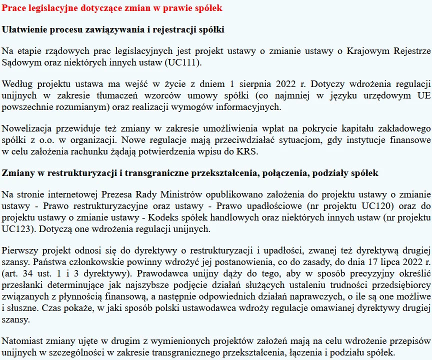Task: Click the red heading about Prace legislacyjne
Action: coord(112,8)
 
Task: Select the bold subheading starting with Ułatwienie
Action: coord(113,29)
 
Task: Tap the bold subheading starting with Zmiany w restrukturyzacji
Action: coord(190,173)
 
